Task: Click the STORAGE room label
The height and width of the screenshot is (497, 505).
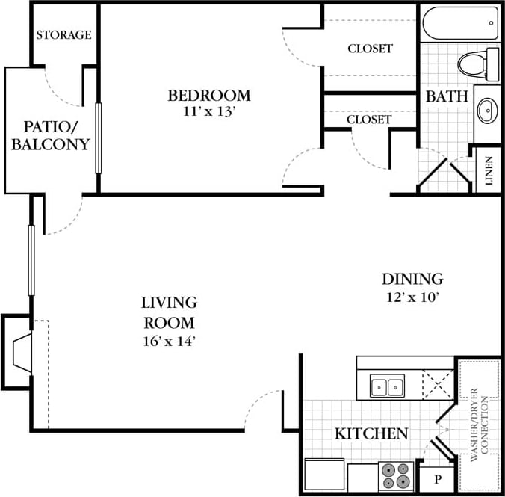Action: [64, 35]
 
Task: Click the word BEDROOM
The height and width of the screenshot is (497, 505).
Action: [208, 96]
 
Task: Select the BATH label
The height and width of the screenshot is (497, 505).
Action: [447, 96]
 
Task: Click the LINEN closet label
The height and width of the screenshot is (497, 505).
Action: [489, 171]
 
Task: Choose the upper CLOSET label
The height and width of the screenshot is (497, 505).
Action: [370, 49]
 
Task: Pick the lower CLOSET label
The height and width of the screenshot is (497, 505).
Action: [369, 119]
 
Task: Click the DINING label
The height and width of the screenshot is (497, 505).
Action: [412, 280]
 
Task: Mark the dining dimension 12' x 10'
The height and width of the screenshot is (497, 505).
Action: [412, 297]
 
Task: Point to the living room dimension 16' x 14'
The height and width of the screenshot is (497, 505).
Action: [169, 341]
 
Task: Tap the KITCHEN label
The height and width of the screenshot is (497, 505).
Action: [371, 433]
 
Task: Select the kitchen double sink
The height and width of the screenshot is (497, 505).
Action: [387, 386]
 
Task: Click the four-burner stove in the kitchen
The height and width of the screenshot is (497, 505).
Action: [396, 475]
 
